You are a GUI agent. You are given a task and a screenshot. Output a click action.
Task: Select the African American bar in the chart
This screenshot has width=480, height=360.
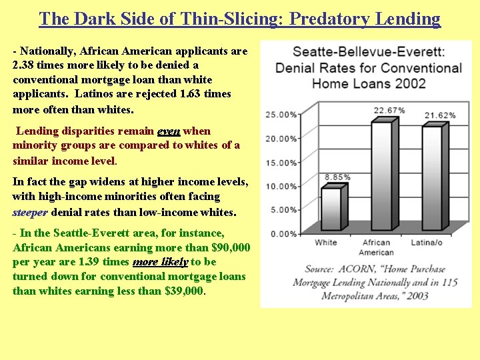[x=380, y=177]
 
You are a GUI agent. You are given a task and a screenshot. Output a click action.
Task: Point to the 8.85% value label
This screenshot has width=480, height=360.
[x=337, y=177]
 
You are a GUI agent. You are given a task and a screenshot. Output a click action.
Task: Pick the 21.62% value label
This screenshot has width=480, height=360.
[x=440, y=115]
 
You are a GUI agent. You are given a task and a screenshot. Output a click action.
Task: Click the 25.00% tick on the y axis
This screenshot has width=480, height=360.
[x=281, y=115]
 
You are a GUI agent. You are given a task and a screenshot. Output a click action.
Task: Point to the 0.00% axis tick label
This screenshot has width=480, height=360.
[x=283, y=233]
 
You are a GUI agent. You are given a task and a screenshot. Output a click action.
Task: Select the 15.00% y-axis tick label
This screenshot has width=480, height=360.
[x=281, y=163]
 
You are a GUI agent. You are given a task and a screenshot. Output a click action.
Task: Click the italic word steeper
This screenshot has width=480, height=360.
[x=30, y=213]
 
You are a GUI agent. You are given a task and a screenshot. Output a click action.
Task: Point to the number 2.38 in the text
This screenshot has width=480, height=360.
[x=25, y=65]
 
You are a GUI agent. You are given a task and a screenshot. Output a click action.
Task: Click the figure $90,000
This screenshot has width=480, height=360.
[x=230, y=247]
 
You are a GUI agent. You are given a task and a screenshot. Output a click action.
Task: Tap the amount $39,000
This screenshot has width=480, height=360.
[x=183, y=291]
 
